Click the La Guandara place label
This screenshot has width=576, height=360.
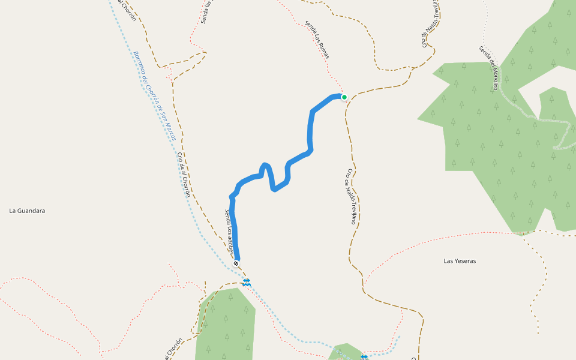pyautogui.click(x=27, y=211)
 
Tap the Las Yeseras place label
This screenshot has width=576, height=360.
pyautogui.click(x=460, y=261)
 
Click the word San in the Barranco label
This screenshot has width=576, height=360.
pyautogui.click(x=162, y=115)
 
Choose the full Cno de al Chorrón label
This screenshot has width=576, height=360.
pyautogui.click(x=184, y=175)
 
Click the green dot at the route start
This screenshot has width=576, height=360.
pyautogui.click(x=344, y=97)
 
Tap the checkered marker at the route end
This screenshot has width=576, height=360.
pyautogui.click(x=236, y=263)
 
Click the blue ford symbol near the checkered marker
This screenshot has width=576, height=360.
pyautogui.click(x=247, y=281)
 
